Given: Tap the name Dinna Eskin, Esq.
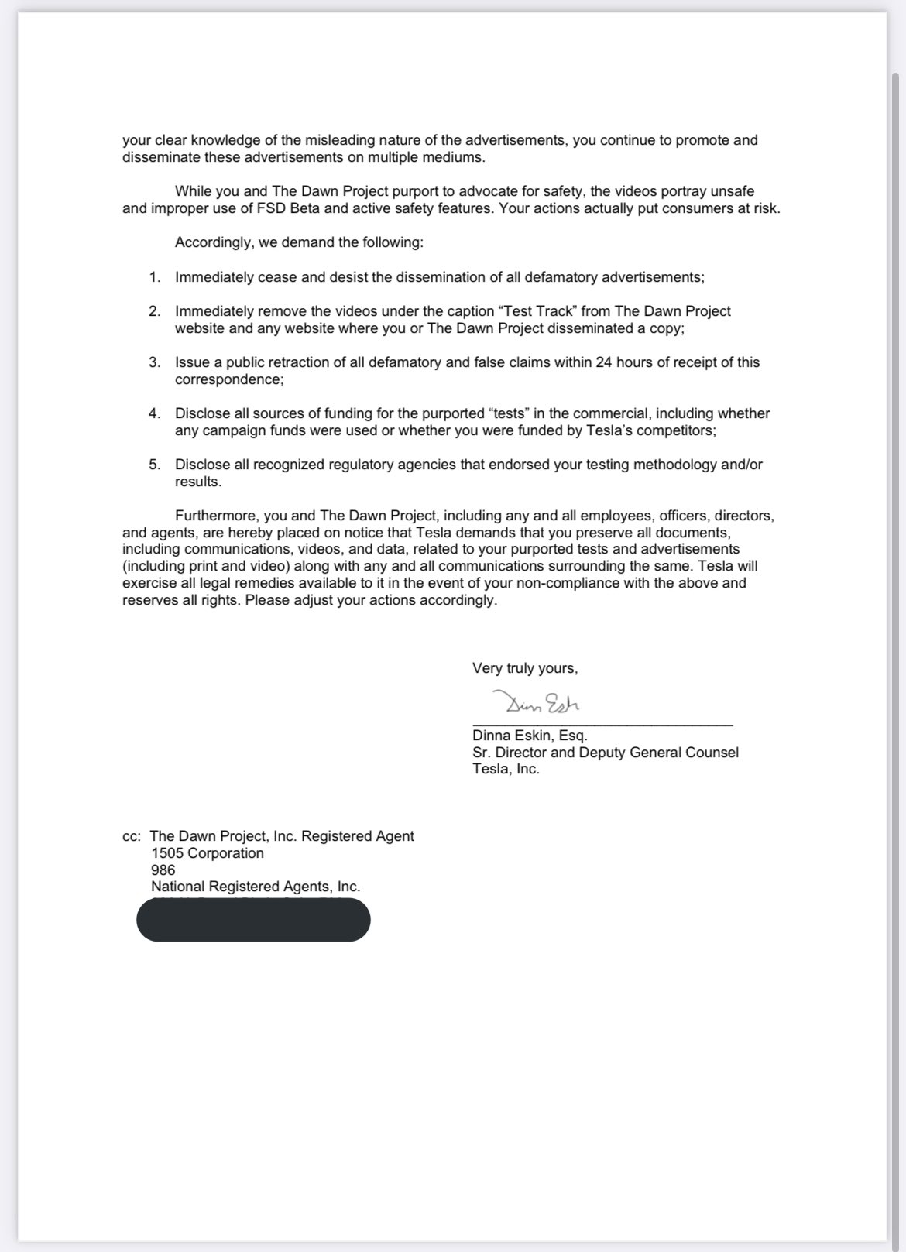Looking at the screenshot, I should coord(530,736).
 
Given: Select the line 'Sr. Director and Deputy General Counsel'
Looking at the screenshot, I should coord(605,753).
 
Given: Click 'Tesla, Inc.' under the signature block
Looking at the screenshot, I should coord(506,770).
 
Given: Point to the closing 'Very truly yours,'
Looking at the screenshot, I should coord(525,668).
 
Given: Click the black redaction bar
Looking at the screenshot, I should coord(253,920).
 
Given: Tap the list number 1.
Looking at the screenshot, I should coord(155,277).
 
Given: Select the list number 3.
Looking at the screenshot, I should coord(155,362).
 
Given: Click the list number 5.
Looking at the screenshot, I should coord(155,465).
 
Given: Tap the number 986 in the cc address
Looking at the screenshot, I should coord(163,870).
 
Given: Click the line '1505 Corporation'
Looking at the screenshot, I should coord(208,853).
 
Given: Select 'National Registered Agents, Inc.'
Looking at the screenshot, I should coord(256,887).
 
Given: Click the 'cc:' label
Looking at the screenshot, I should coord(132,836).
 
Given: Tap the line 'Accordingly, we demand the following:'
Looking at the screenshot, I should coord(299,242).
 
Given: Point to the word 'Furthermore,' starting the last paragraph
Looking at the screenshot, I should coord(216,516).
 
